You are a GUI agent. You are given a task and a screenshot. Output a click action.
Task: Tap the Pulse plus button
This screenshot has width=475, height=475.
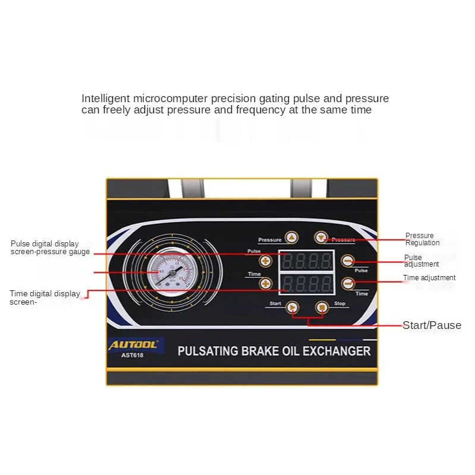(x=266, y=261)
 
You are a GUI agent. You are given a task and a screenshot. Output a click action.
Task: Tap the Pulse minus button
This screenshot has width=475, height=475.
(x=348, y=261)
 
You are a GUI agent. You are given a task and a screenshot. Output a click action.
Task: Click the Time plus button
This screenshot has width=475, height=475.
(x=266, y=284)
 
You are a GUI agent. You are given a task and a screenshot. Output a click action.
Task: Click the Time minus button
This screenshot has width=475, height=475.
(x=348, y=283)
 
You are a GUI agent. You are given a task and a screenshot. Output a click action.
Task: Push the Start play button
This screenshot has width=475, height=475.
(x=292, y=308)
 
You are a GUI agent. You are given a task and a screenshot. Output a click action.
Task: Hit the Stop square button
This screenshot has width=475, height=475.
(x=322, y=308)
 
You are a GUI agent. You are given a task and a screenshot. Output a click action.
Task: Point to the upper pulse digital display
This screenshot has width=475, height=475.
(x=307, y=261)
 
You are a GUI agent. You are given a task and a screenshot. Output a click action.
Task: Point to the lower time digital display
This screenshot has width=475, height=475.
(x=307, y=283)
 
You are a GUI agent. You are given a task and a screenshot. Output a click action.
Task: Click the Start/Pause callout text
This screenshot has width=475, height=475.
(x=432, y=325)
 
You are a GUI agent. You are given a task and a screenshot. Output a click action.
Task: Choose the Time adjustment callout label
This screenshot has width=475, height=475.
(x=429, y=278)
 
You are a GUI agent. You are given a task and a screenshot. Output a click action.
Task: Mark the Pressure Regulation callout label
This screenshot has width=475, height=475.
(x=422, y=239)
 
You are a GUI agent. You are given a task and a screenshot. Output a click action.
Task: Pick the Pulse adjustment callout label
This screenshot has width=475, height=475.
(x=421, y=261)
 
